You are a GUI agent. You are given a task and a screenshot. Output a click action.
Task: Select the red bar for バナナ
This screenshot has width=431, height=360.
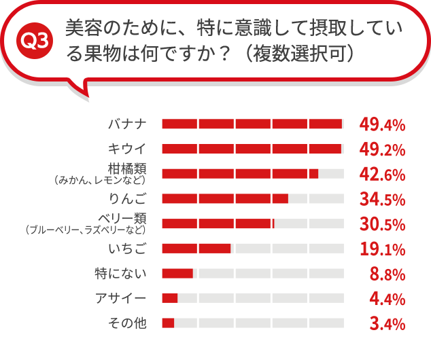pyautogui.click(x=252, y=124)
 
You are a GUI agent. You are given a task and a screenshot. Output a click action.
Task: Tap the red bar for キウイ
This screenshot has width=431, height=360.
pyautogui.click(x=252, y=149)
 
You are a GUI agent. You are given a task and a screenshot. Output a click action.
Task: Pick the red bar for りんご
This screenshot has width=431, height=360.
pyautogui.click(x=225, y=198)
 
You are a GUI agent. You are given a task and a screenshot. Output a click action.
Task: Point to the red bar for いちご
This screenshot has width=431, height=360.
pyautogui.click(x=196, y=248)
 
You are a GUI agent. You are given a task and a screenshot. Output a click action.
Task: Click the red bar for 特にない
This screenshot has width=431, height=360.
pyautogui.click(x=177, y=273)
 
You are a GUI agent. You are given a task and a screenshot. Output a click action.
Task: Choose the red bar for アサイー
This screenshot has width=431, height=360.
pyautogui.click(x=170, y=298)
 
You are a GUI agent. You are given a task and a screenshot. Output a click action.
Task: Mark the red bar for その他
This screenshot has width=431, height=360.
pyautogui.click(x=168, y=323)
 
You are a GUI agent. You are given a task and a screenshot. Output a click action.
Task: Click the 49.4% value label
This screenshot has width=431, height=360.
pyautogui.click(x=383, y=124)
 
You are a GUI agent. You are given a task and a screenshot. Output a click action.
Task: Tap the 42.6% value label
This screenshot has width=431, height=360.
pyautogui.click(x=383, y=174)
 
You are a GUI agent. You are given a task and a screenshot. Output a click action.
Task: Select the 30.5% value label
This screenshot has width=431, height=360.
pyautogui.click(x=383, y=223)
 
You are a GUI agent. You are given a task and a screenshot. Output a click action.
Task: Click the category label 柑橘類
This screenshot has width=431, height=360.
pyautogui.click(x=127, y=167)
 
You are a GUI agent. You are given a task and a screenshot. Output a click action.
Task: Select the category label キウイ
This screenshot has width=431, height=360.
pyautogui.click(x=127, y=149)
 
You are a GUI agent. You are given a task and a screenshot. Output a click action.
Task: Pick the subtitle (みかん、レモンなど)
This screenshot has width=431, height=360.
pyautogui.click(x=99, y=180)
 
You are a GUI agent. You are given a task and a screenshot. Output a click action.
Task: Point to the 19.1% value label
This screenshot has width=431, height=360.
pyautogui.click(x=383, y=249)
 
